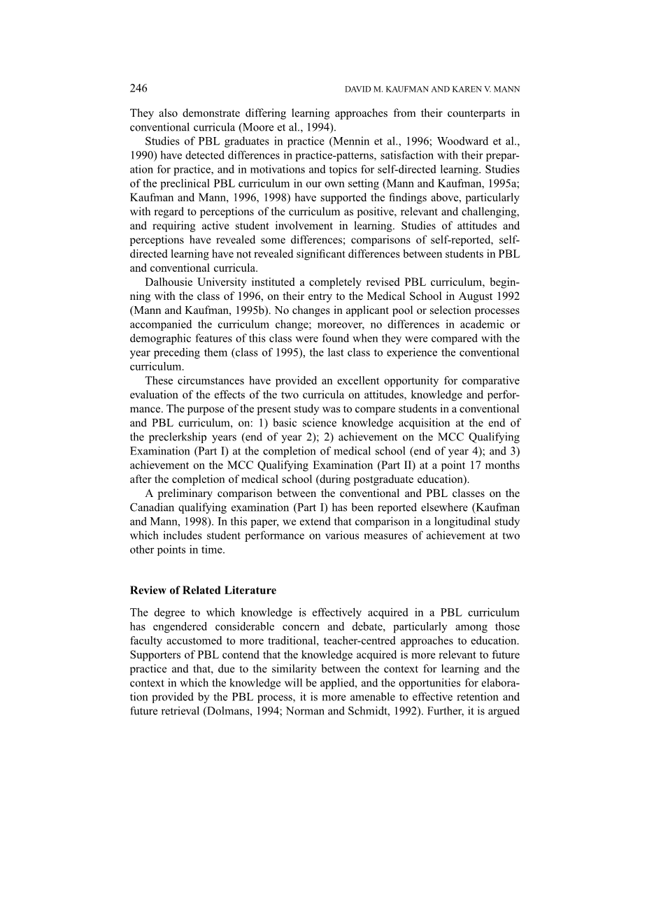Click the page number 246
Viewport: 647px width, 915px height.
138,88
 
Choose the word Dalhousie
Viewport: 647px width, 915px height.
171,282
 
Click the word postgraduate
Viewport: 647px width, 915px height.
385,480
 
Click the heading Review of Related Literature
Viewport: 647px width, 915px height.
203,591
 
